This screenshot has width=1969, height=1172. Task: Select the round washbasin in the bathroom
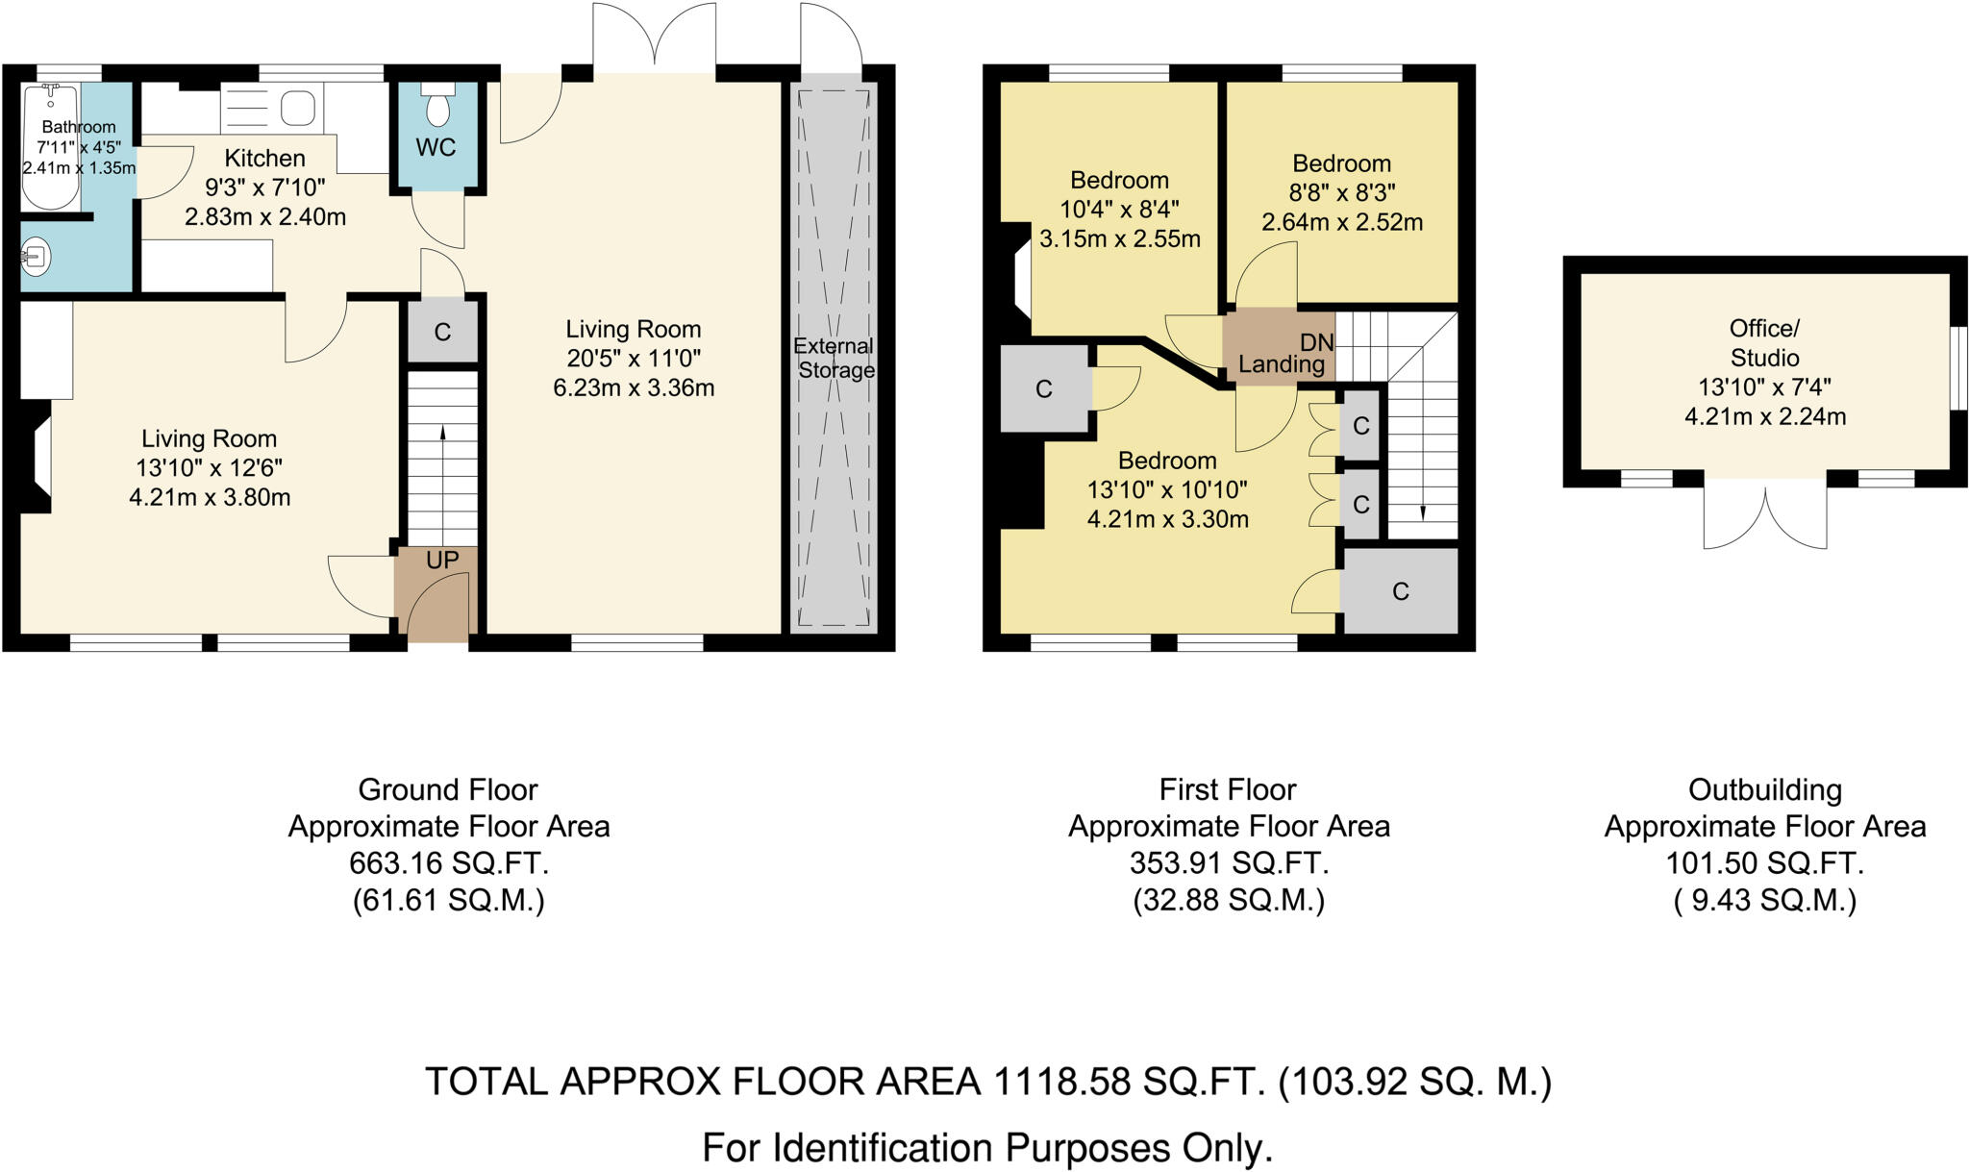pos(36,257)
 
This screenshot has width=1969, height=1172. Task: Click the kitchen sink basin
pos(298,109)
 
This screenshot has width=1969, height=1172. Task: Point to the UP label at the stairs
pos(442,560)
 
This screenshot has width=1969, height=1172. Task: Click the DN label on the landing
pos(1317,342)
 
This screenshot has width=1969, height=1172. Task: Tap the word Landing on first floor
pos(1281,364)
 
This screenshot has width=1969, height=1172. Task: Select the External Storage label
pos(835,358)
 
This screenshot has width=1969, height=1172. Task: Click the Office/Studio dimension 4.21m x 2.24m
pos(1765,417)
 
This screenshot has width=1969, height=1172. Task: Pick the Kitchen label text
pos(265,159)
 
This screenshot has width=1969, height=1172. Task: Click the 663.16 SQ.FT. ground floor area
pos(449,863)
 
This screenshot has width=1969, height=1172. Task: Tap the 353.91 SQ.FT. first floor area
pos(1229,863)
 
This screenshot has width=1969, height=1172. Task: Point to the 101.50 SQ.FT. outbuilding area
pos(1764,863)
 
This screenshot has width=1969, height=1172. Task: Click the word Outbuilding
pos(1764,790)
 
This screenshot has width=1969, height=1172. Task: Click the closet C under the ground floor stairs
pos(442,333)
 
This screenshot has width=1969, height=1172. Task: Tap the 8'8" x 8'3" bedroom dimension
pos(1342,192)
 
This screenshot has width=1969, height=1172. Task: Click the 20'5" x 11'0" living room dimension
pos(634,359)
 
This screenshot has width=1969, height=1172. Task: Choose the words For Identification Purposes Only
pos(987,1148)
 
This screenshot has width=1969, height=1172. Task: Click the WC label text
pos(436,148)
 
